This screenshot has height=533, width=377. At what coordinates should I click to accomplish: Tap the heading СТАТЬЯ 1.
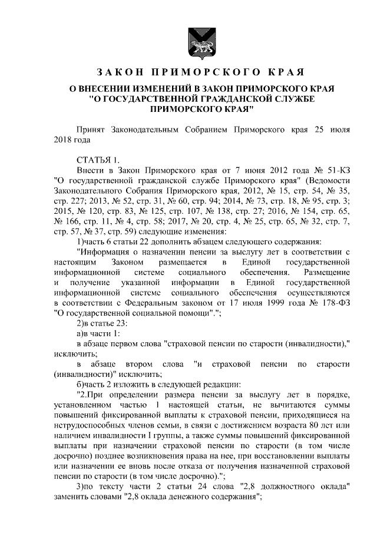click(x=98, y=160)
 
